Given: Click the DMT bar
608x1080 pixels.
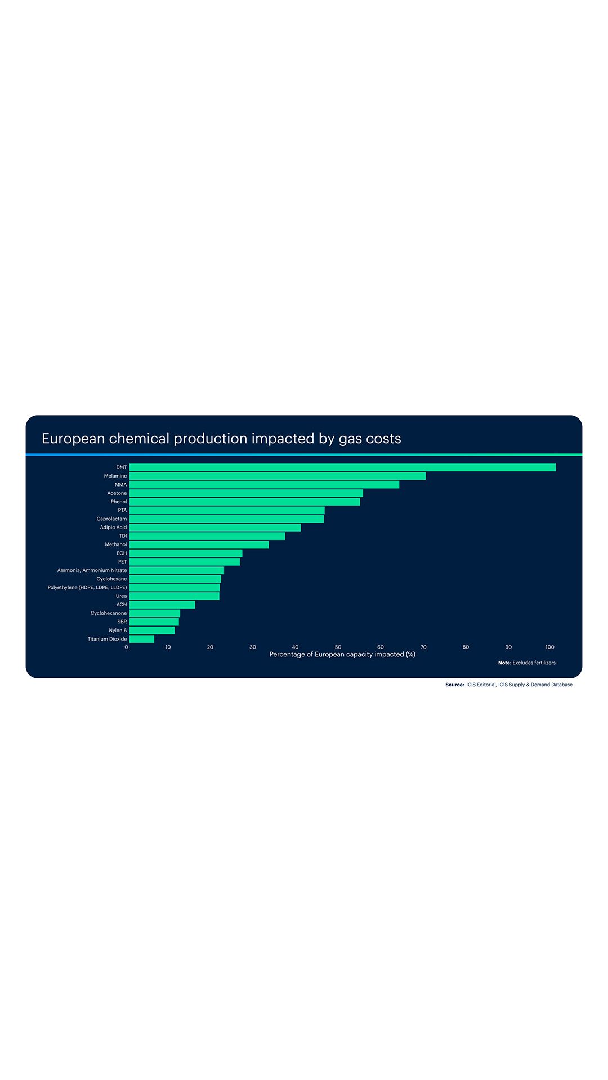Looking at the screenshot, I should click(342, 467).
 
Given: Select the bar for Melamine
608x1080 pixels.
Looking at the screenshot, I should click(277, 476).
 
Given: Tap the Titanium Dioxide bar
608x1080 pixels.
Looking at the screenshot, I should click(141, 639).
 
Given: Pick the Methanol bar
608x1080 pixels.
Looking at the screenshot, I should click(199, 544).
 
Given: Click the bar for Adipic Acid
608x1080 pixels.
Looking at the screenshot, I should click(214, 528).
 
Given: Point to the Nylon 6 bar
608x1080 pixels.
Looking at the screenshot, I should click(151, 631).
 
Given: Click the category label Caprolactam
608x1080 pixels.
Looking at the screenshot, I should click(111, 519).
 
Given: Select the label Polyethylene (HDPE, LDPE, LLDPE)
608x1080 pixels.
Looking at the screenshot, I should click(87, 587).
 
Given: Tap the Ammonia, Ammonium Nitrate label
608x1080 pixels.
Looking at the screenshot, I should click(92, 570).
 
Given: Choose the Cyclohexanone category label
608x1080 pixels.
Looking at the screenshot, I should click(109, 613).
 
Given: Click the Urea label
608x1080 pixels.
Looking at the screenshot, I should click(121, 596).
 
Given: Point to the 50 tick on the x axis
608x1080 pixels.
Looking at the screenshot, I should click(338, 647).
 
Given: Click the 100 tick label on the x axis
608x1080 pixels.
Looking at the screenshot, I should click(550, 647).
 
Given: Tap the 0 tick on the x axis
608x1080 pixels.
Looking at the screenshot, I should click(126, 647).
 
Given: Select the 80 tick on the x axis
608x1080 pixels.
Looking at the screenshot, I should click(466, 647).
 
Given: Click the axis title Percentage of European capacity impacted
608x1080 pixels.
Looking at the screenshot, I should click(342, 654).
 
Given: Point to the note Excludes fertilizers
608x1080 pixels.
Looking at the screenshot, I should click(533, 663).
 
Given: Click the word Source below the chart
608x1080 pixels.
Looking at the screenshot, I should click(454, 685).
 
